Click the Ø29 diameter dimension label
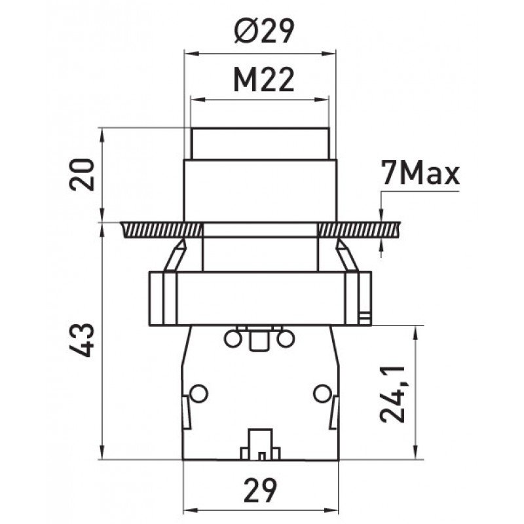[x=264, y=31]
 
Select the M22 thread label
[x=264, y=81]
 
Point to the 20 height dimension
[x=82, y=175]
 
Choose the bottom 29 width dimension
[x=261, y=490]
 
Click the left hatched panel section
[x=162, y=230]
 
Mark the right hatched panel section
[x=359, y=230]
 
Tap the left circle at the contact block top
[x=233, y=339]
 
